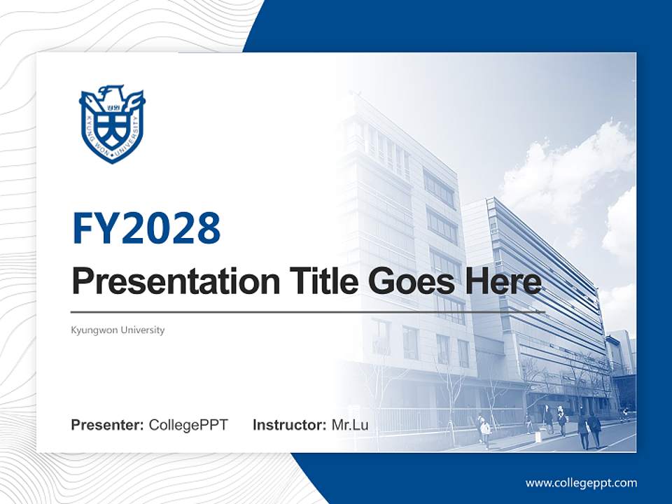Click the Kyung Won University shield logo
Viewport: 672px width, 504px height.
[112, 125]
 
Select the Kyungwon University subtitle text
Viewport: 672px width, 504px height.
[118, 330]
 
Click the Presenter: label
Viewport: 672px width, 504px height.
[108, 425]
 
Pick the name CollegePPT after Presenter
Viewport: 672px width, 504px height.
[188, 425]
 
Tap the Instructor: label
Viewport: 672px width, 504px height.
[289, 425]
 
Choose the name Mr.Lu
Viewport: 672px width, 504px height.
[350, 425]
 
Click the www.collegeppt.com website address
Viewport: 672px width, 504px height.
[581, 483]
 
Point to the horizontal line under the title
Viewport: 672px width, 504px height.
[308, 311]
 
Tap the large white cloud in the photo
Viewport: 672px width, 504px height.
[567, 171]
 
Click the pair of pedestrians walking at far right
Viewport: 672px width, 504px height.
[589, 429]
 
